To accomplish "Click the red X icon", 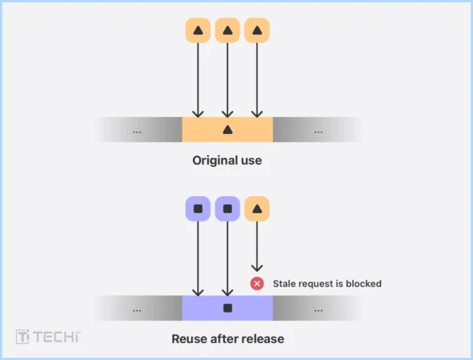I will point(257,283).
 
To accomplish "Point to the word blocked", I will point(363,283).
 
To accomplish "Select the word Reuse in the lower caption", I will point(188,339).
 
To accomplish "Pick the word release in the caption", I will point(264,339).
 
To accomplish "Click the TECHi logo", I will point(48,337).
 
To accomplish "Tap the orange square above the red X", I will point(256,209).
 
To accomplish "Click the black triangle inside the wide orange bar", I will point(227,130).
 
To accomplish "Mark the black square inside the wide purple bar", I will point(227,308).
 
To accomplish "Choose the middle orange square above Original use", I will point(227,31).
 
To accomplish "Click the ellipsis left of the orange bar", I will point(137,132).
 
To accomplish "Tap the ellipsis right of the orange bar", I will point(318,132).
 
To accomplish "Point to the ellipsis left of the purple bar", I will point(137,310).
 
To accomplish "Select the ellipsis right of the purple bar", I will point(318,310).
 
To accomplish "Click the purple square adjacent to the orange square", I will point(227,209).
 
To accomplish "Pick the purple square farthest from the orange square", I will point(198,209).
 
